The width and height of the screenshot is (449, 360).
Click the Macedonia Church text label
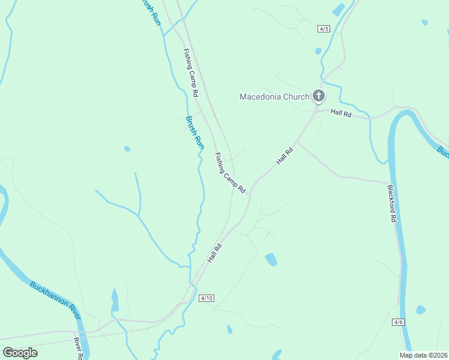[274, 96]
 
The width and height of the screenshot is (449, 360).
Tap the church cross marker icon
[319, 95]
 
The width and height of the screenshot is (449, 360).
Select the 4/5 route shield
[324, 28]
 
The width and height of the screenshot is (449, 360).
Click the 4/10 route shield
[206, 298]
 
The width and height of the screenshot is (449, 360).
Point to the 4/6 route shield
[398, 322]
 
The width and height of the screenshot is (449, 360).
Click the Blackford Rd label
[391, 203]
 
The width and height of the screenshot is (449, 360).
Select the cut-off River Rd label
[78, 349]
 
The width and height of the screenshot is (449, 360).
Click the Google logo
[20, 353]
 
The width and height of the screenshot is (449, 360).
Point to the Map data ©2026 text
[423, 355]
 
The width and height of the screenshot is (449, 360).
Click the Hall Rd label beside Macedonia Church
[340, 113]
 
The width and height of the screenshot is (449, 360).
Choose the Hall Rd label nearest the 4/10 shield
[214, 253]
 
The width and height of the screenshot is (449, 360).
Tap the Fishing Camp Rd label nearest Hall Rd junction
[230, 172]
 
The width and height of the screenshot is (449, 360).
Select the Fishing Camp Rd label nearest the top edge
[190, 72]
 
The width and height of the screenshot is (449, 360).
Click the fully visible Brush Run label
[195, 132]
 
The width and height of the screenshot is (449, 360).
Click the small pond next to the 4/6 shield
[420, 310]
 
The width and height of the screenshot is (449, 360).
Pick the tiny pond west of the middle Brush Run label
[127, 149]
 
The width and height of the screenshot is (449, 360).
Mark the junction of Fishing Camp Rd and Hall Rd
[250, 191]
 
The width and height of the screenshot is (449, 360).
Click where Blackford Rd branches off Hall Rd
[298, 143]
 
